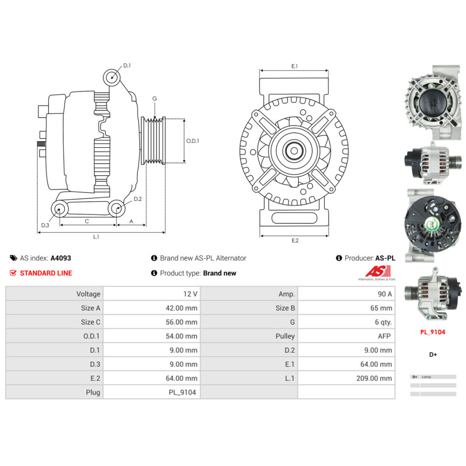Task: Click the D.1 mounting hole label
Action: (127, 66)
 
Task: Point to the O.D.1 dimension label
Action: (192, 141)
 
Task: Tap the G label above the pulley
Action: (154, 98)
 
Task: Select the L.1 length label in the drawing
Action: (96, 237)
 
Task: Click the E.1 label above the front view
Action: (295, 67)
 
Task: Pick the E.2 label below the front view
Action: (295, 240)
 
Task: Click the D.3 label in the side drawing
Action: (45, 225)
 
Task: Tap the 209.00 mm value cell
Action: (374, 378)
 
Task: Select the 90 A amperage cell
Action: (384, 294)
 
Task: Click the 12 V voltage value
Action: (191, 294)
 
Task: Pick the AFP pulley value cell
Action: (385, 336)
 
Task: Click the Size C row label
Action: (90, 322)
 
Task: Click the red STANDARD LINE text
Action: (46, 273)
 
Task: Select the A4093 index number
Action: (61, 258)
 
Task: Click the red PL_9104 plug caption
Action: (432, 332)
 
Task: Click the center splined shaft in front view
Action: (295, 151)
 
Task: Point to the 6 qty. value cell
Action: (383, 322)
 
